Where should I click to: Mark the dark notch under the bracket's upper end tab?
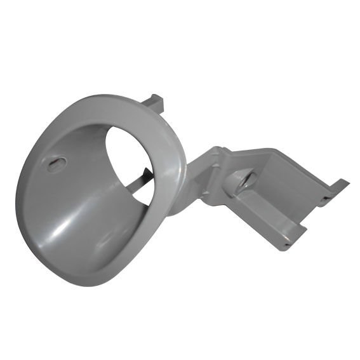pyautogui.click(x=328, y=197)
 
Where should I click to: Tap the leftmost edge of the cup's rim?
pyautogui.click(x=17, y=190)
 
